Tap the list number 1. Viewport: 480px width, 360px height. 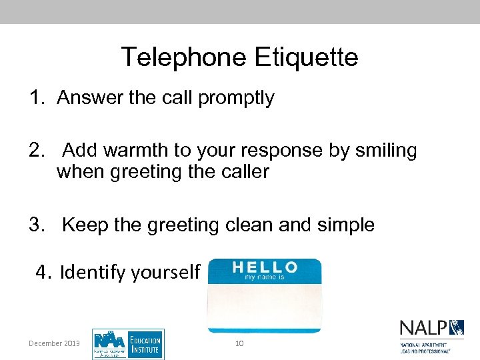pos(35,98)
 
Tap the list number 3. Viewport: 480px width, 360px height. pos(35,225)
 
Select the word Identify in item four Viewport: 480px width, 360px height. pos(93,272)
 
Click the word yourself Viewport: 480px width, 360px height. pos(166,272)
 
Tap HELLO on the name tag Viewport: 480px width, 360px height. pos(264,267)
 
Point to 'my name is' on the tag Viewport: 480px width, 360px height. pos(264,276)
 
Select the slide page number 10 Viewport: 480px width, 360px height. pos(240,343)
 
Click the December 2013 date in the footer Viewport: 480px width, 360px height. pos(54,343)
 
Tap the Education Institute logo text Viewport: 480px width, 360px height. pos(145,344)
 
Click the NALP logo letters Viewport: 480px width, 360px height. pos(423,328)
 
